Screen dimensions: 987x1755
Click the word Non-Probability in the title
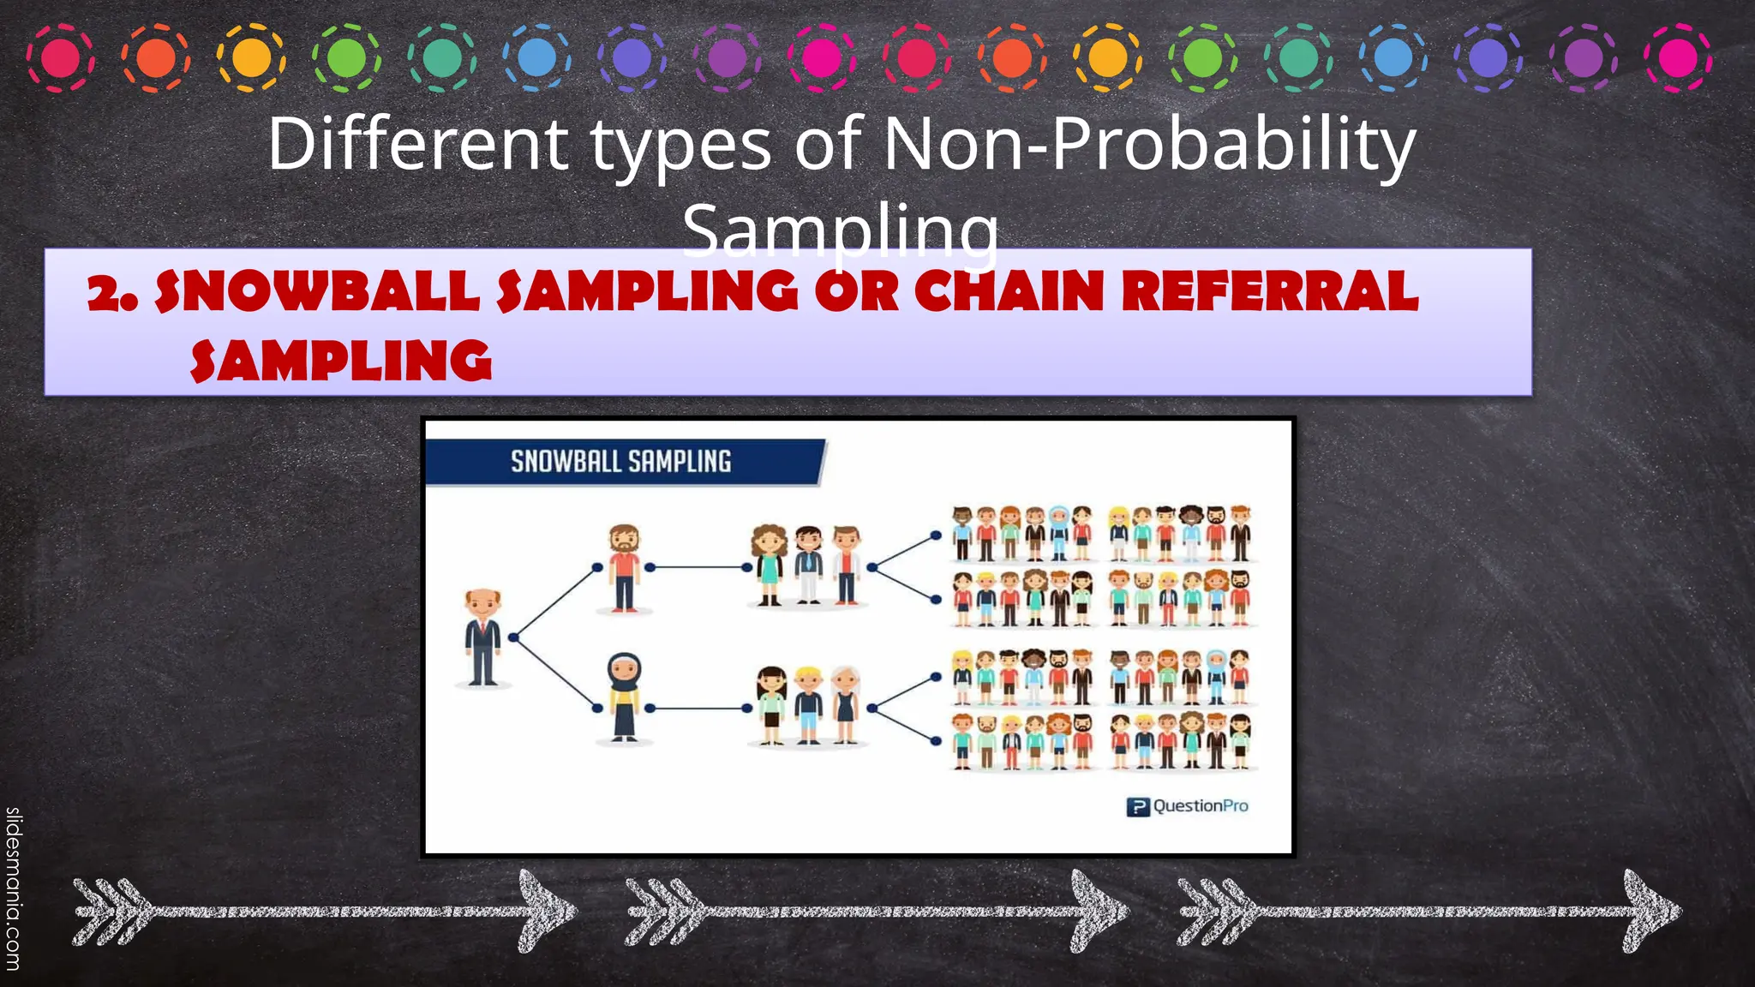coord(1148,144)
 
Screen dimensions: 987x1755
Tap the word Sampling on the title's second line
coord(840,230)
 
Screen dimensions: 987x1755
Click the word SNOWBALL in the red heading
coord(317,291)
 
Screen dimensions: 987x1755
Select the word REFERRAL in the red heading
coord(1270,291)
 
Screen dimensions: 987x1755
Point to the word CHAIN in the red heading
coord(1009,291)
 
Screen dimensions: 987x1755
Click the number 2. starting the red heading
coord(111,294)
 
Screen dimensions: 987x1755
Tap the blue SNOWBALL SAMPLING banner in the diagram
coord(621,462)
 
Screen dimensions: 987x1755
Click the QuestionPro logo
coord(1187,806)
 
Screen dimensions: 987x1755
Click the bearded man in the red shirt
coord(625,567)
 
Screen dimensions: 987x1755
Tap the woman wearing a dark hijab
coord(624,696)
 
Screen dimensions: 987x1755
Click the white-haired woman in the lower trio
coord(846,704)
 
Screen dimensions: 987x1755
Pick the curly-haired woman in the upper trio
coord(769,564)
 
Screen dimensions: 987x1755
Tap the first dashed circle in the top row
coord(61,58)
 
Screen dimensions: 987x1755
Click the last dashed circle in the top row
coord(1678,58)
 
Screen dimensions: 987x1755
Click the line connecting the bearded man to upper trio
coord(698,567)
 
